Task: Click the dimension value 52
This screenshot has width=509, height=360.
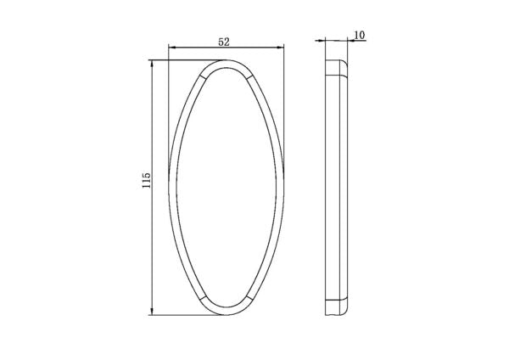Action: (x=225, y=40)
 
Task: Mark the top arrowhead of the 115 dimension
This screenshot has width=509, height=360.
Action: (x=153, y=62)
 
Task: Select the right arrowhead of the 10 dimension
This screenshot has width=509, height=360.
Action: (x=346, y=40)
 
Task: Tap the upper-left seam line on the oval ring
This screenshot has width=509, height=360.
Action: (x=204, y=77)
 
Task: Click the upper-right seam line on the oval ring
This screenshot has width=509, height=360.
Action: (x=253, y=78)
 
